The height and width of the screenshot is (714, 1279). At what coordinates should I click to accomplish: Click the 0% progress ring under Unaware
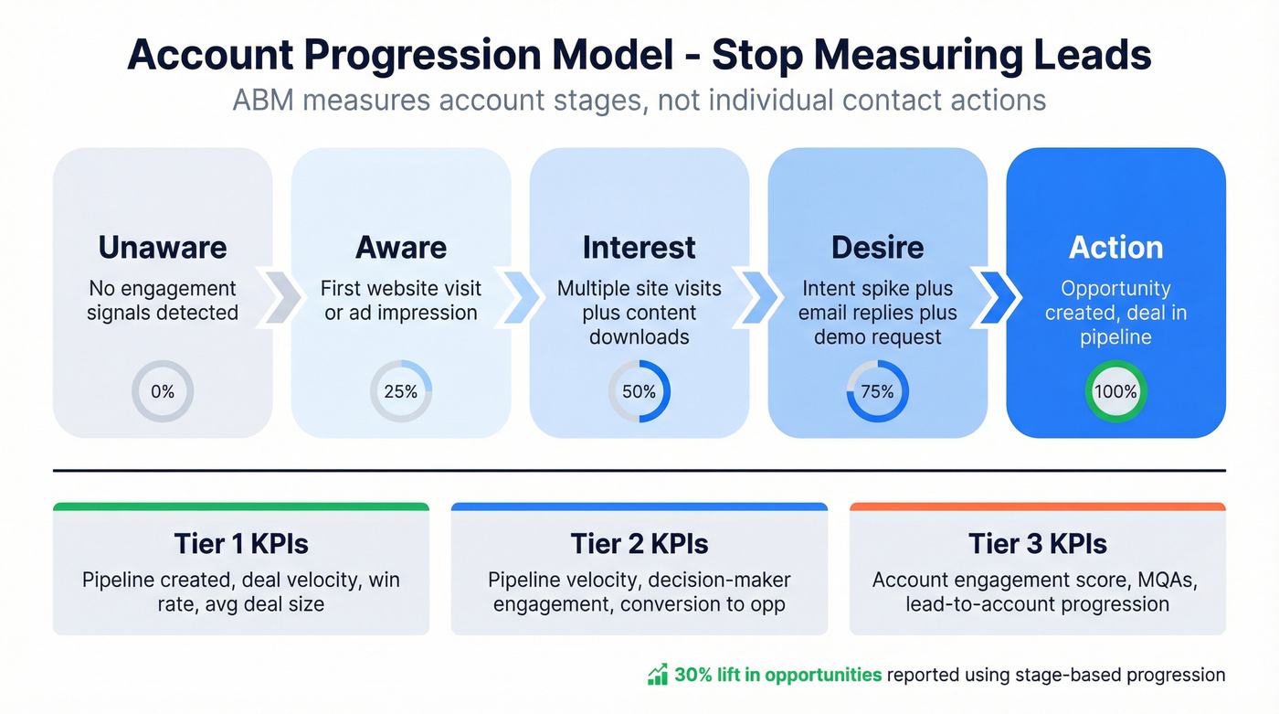click(x=163, y=391)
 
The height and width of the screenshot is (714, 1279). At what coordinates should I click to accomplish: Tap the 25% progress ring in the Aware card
click(x=401, y=391)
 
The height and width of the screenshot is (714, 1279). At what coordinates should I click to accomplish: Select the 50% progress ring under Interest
click(x=639, y=391)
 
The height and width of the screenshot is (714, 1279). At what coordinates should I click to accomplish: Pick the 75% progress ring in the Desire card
click(x=878, y=391)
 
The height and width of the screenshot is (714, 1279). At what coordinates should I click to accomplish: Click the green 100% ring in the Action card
click(x=1115, y=391)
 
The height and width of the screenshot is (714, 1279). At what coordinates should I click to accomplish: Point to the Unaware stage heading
click(x=163, y=247)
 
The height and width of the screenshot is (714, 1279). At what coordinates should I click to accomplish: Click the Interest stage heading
click(x=639, y=247)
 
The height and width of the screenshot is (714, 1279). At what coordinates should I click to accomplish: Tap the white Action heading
click(x=1115, y=247)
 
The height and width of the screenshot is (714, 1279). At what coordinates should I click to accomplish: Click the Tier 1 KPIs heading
click(x=241, y=544)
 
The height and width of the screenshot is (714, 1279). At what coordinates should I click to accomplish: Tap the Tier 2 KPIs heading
click(x=639, y=544)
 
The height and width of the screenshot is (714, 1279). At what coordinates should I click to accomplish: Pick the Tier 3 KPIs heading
click(x=1038, y=544)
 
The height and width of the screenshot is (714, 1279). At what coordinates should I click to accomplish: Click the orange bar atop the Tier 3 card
click(x=1038, y=506)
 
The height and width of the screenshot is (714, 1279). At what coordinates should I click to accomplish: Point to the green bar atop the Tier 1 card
click(x=241, y=506)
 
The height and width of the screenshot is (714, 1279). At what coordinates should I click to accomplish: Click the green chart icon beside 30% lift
click(x=657, y=675)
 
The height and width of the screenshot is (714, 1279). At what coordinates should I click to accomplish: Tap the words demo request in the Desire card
click(x=878, y=336)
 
